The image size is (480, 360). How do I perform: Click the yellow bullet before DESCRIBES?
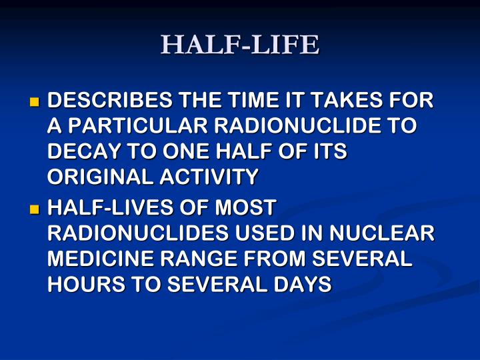(35, 103)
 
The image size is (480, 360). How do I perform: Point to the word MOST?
(243, 208)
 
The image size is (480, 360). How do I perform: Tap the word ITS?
(330, 151)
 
